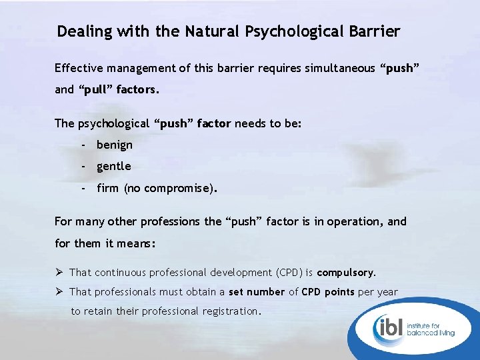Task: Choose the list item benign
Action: point(115,145)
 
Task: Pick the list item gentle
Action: point(114,166)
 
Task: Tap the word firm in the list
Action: point(107,188)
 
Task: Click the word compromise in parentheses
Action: point(178,188)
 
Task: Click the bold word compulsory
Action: point(346,273)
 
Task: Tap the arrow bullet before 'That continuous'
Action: point(59,272)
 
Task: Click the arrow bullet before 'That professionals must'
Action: point(59,291)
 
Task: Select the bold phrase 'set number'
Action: point(257,292)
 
